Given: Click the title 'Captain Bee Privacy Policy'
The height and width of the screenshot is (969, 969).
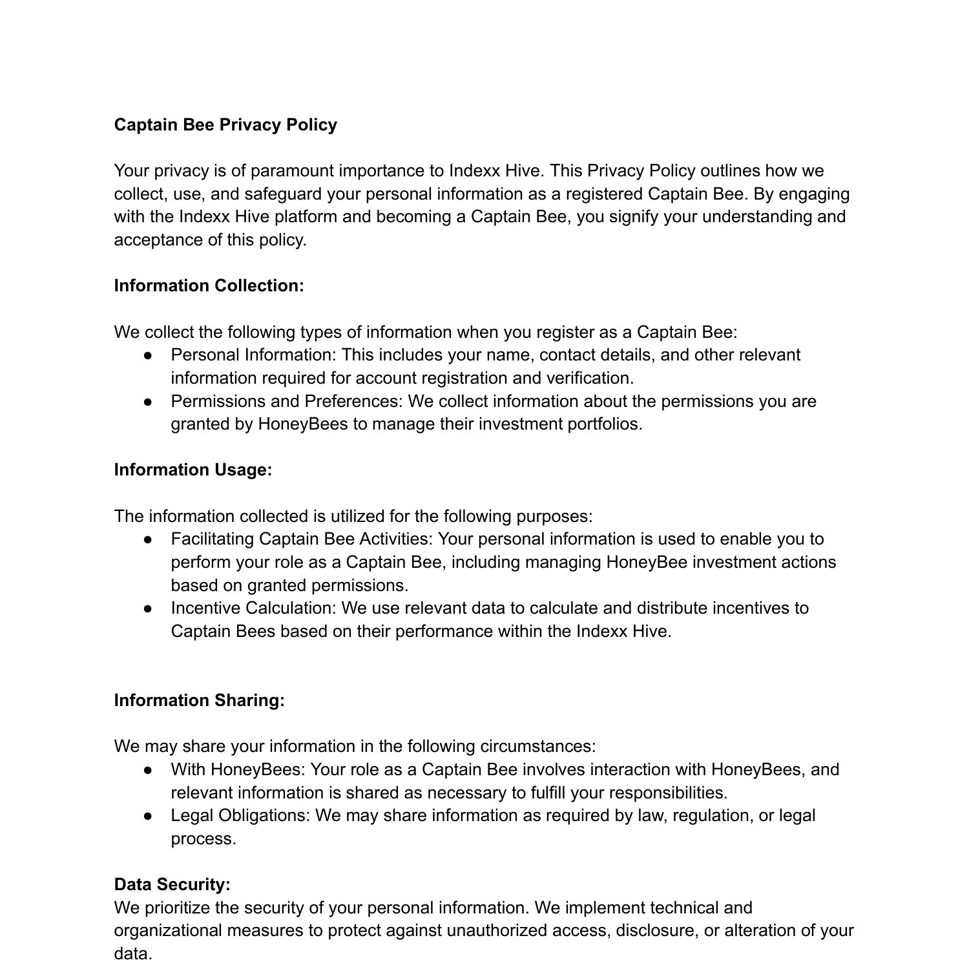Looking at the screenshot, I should point(225,125).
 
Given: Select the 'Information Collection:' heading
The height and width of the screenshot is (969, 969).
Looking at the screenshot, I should point(209,286).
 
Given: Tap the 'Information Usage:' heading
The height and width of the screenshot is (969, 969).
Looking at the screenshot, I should point(193,470).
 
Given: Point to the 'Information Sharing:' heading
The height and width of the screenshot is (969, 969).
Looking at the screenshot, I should point(199,700).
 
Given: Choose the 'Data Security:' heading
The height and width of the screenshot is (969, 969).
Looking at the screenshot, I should point(172,884).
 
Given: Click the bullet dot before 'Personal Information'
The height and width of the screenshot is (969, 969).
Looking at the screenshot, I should point(148,355).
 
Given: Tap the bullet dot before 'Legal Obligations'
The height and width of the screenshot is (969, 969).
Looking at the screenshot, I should point(148,816).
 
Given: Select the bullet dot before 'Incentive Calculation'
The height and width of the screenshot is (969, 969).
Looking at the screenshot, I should point(148,609).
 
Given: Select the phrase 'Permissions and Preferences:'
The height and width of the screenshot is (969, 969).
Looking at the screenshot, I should point(287,401).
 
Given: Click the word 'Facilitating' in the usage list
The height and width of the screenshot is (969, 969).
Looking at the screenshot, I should point(213,539).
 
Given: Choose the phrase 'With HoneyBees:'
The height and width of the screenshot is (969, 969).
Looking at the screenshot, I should point(238,770).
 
